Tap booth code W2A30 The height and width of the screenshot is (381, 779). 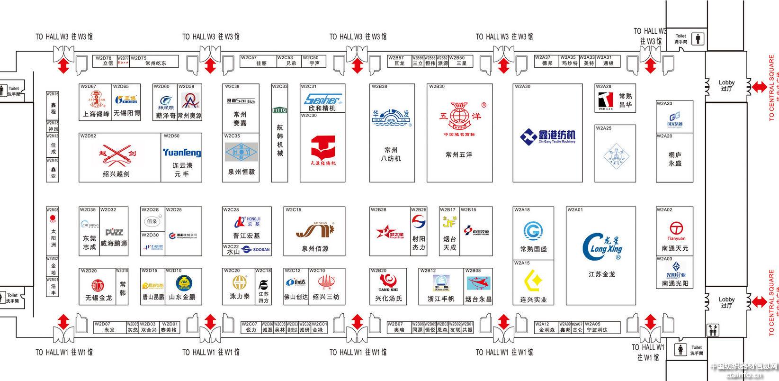(523, 87)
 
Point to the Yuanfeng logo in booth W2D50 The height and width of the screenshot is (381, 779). (182, 153)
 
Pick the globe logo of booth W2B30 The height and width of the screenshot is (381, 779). (459, 117)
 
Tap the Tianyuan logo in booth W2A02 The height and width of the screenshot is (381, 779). (676, 229)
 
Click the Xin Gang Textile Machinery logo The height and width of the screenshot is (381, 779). (548, 136)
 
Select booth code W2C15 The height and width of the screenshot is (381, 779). (294, 209)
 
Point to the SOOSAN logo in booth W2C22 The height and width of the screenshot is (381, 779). (256, 249)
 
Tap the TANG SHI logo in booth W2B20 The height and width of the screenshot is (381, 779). (388, 282)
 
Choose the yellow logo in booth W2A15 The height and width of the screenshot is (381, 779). (533, 281)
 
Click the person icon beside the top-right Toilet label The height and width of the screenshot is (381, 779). (698, 39)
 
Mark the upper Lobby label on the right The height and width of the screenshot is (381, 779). (726, 85)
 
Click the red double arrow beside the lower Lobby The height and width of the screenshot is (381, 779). (759, 301)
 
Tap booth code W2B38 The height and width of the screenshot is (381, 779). (379, 87)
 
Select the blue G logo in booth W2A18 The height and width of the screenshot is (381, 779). (533, 231)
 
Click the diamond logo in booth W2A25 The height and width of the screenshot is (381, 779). (616, 156)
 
